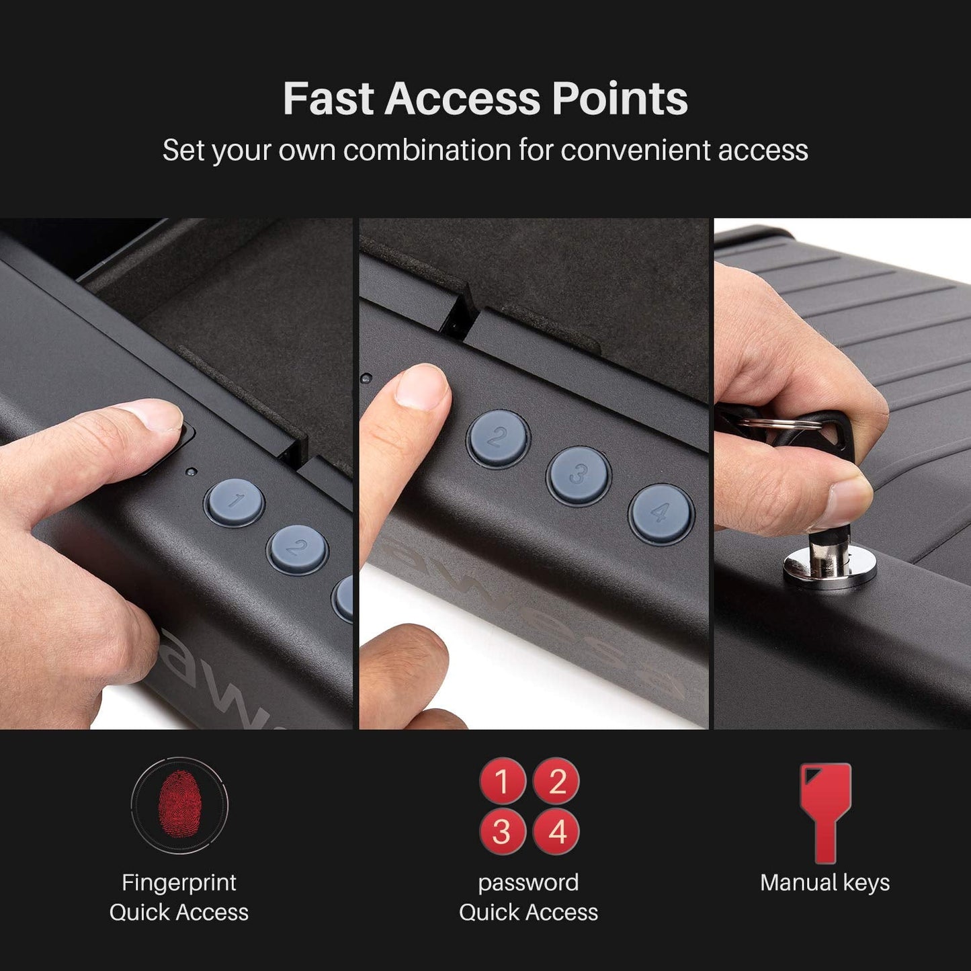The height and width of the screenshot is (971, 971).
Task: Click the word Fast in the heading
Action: click(x=327, y=99)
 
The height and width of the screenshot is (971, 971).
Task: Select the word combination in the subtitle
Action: click(x=427, y=150)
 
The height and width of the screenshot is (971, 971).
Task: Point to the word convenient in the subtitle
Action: click(x=636, y=150)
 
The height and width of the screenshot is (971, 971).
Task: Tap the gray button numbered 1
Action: click(x=234, y=502)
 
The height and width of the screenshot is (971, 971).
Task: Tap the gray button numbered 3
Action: click(x=578, y=475)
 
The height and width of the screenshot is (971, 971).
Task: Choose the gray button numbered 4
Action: click(x=661, y=514)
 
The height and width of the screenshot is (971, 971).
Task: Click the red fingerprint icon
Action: click(x=179, y=804)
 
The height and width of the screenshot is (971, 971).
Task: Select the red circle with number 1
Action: click(x=502, y=781)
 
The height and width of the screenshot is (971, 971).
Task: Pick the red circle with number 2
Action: click(x=556, y=781)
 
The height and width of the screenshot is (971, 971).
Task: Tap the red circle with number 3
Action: click(x=502, y=832)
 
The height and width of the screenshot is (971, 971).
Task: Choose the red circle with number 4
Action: click(x=556, y=832)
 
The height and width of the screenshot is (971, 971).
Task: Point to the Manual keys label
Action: click(x=825, y=882)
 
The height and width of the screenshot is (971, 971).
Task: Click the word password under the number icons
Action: click(x=528, y=882)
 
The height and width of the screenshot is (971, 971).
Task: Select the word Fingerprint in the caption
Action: click(x=179, y=882)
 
